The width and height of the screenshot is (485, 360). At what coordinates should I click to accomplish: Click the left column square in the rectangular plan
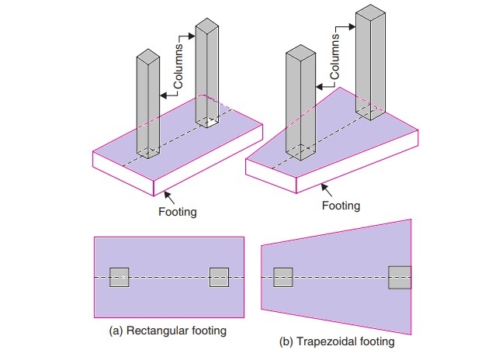tap(119, 277)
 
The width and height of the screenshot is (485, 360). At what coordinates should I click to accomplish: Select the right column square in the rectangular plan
tap(219, 277)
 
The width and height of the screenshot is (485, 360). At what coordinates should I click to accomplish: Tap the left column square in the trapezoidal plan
tap(283, 277)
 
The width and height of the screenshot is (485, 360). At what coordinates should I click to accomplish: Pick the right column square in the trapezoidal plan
tap(400, 277)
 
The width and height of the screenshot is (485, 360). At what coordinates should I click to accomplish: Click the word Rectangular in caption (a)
tap(153, 331)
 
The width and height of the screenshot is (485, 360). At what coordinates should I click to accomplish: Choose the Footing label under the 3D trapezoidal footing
tap(341, 206)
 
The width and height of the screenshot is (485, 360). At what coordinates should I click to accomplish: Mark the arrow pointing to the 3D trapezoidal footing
tap(329, 189)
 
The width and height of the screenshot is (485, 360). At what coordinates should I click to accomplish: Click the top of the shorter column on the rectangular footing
tap(147, 57)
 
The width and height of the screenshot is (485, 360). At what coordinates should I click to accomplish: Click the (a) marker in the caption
tap(116, 331)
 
